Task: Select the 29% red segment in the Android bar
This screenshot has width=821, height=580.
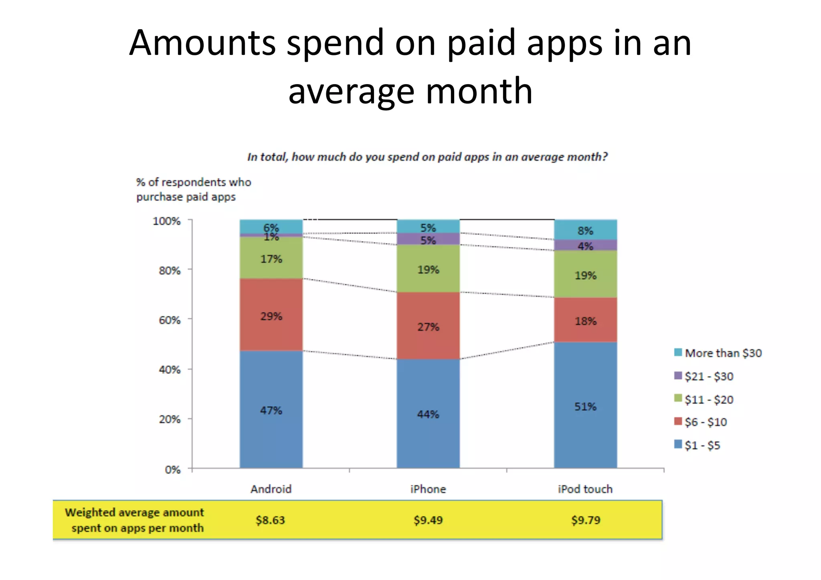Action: pos(271,315)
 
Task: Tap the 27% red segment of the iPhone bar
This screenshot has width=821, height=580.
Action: pos(428,326)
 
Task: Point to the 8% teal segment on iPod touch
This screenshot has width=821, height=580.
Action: pos(585,230)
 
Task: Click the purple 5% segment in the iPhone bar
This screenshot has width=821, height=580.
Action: pos(428,240)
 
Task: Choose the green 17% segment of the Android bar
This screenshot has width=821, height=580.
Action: pos(271,258)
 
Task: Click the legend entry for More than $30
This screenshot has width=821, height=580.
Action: pos(718,353)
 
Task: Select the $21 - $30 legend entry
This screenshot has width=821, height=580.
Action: pos(704,376)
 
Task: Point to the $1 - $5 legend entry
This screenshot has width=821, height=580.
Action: pos(698,445)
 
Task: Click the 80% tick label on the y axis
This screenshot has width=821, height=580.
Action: pos(170,271)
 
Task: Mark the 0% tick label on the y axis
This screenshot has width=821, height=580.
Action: pos(173,469)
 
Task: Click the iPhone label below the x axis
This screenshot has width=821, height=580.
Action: pos(428,489)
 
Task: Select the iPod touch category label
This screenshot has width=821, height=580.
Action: pos(585,489)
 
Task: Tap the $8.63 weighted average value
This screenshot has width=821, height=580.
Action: pos(271,520)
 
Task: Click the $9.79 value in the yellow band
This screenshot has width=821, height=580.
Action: pos(586,520)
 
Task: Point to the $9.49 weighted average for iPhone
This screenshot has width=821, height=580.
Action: pos(428,520)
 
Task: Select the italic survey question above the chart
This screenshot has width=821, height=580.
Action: pos(427,157)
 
